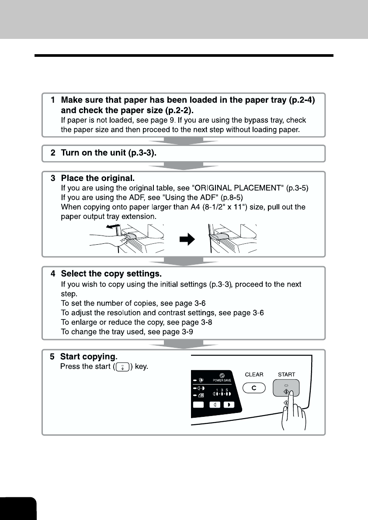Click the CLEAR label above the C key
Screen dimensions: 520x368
pos(253,374)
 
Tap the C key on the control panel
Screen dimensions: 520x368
pos(253,388)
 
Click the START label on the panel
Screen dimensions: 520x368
pos(286,374)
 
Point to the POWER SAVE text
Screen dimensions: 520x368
pos(222,380)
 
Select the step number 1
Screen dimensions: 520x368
pos(53,100)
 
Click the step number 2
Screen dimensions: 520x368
pos(53,154)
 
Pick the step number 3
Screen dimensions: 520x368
pos(53,178)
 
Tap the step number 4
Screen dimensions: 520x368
pos(53,274)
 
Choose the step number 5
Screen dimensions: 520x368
pos(52,357)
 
